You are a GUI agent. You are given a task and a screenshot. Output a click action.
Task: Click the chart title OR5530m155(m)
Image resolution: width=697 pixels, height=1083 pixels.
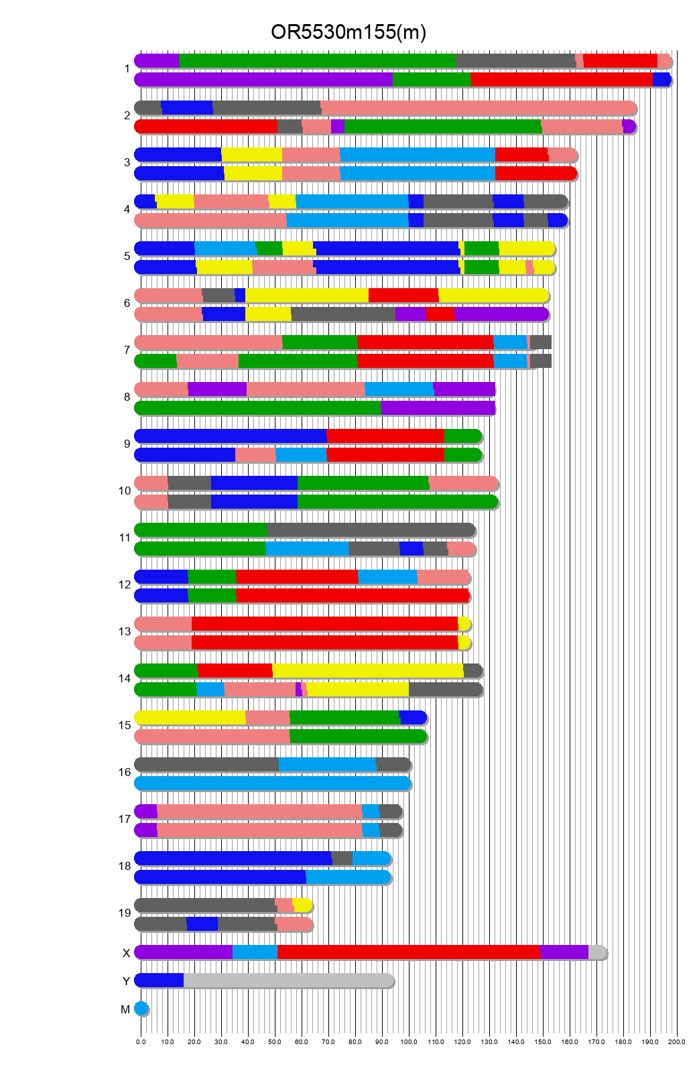click(x=348, y=31)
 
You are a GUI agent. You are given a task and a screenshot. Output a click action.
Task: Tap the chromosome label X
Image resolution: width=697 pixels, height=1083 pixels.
click(x=126, y=953)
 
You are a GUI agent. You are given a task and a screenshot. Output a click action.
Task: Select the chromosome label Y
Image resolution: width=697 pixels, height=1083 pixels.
click(x=126, y=981)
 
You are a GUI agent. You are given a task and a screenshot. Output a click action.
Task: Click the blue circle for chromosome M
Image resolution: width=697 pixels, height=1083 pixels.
click(x=141, y=1009)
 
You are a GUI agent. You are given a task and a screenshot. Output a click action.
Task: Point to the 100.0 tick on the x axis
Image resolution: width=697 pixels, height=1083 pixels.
click(x=409, y=1041)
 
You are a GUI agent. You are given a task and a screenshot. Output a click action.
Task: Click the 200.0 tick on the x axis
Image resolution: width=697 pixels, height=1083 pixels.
click(x=677, y=1041)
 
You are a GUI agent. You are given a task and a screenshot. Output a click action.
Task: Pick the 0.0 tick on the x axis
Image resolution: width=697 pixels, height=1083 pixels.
click(x=141, y=1041)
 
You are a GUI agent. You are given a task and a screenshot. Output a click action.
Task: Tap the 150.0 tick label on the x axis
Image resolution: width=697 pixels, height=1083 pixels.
click(x=543, y=1041)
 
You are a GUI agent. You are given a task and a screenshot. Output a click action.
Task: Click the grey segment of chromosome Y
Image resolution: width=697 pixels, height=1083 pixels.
click(x=288, y=980)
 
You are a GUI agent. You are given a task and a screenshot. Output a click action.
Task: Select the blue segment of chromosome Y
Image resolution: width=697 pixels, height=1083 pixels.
click(x=160, y=980)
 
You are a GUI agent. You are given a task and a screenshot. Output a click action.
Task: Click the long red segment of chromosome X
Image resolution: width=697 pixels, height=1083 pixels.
click(x=409, y=952)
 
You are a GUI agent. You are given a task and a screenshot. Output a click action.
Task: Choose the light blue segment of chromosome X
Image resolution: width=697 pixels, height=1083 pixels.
click(x=255, y=952)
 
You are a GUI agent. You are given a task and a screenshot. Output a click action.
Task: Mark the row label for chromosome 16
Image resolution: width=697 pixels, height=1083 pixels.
click(x=125, y=772)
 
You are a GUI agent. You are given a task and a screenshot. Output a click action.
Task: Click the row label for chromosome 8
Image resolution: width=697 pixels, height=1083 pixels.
click(x=127, y=397)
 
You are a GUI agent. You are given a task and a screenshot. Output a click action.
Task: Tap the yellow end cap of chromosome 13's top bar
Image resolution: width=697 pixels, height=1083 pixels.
click(x=464, y=624)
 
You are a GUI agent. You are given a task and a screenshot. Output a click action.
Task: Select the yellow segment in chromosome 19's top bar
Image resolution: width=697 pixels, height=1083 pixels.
click(x=303, y=905)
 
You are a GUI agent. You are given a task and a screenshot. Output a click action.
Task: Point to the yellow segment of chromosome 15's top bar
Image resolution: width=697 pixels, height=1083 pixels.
click(x=190, y=718)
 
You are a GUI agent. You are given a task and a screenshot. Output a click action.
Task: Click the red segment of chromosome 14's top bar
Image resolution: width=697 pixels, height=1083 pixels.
click(x=235, y=671)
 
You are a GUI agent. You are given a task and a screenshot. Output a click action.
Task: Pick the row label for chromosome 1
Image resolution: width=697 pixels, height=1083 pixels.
click(x=127, y=68)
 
